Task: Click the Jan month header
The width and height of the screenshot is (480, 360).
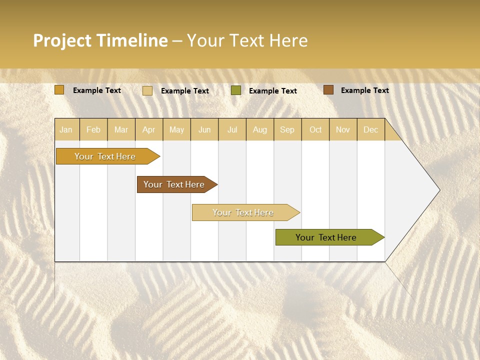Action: coord(66,129)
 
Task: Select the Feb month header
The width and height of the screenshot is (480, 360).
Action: coord(93,129)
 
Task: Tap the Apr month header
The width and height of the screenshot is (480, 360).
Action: coord(148,129)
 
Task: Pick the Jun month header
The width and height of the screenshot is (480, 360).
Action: coord(204,129)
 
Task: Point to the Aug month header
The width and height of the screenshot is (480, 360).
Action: coord(259,129)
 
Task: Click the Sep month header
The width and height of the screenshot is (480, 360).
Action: coord(287,129)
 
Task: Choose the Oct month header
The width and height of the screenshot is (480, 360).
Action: coord(315,129)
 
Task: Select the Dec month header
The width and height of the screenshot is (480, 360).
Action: coord(370,129)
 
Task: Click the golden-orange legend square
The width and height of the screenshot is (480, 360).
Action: coord(59,90)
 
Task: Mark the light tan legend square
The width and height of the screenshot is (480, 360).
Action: coord(147,90)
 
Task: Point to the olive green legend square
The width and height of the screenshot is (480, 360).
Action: coord(236,90)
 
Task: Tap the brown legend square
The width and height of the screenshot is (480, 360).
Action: coord(328,90)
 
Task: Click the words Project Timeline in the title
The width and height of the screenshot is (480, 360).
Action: coord(100,40)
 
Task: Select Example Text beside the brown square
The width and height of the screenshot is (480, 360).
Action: coord(364,90)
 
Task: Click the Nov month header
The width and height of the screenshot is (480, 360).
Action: coord(342,129)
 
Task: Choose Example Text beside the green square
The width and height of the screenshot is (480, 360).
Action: coord(272,91)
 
